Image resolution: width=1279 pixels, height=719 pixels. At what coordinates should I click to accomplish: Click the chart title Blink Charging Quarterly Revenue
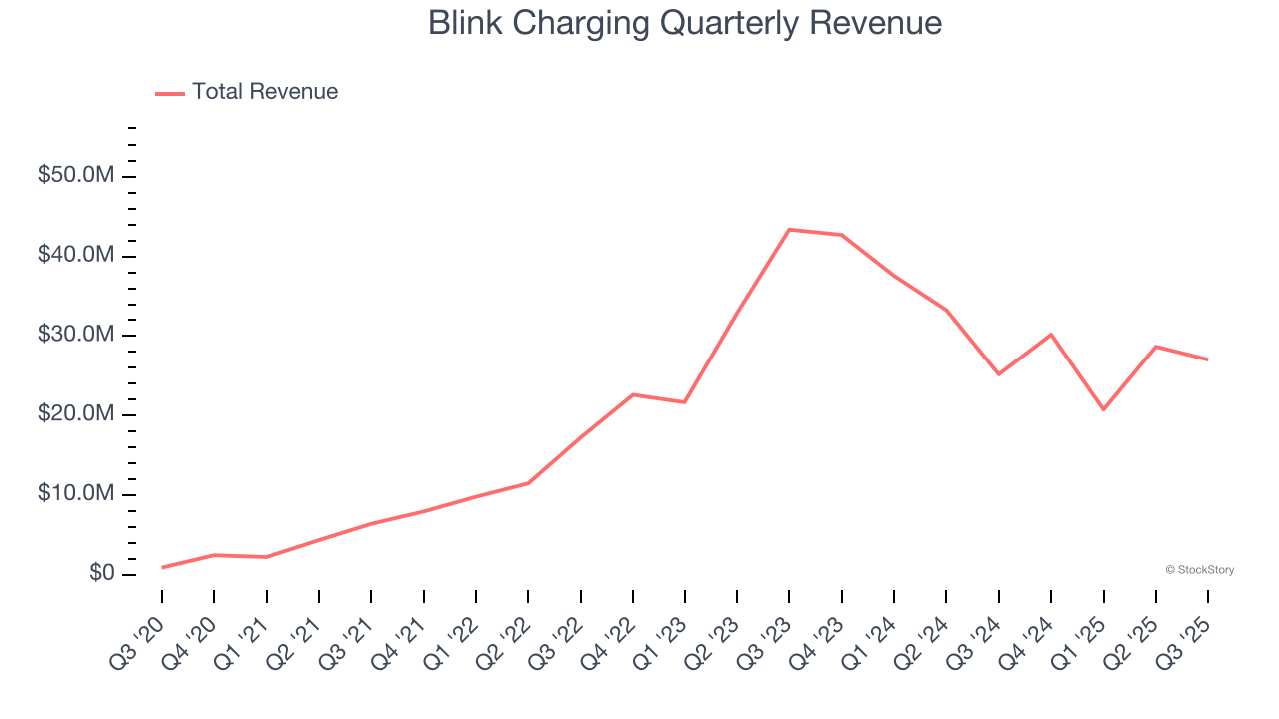(684, 23)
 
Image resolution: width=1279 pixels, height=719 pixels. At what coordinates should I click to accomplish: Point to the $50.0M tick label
(76, 176)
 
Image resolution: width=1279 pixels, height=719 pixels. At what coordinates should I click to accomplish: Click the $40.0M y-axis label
(76, 256)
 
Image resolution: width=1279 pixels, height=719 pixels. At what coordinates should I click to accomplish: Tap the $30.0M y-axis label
(76, 335)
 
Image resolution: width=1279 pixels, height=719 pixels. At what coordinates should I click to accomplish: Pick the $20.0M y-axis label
(76, 414)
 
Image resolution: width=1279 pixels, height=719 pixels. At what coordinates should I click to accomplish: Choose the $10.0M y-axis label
(76, 494)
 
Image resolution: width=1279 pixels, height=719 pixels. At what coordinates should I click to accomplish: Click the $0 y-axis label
(99, 574)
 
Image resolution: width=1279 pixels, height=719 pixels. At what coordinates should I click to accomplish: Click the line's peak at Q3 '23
(789, 230)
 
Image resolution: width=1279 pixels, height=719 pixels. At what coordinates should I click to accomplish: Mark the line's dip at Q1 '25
(1103, 409)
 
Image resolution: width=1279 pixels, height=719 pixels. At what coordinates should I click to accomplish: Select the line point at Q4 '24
(1051, 335)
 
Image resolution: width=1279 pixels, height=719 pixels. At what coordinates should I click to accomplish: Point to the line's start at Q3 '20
(162, 567)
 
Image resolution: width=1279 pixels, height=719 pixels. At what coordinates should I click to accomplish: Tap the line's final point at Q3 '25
(1207, 359)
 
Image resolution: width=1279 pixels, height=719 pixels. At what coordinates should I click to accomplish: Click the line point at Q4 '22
(633, 394)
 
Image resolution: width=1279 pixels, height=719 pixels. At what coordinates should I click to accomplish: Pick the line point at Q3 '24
(999, 374)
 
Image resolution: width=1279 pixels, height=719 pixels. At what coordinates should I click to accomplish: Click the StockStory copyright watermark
(1199, 570)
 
